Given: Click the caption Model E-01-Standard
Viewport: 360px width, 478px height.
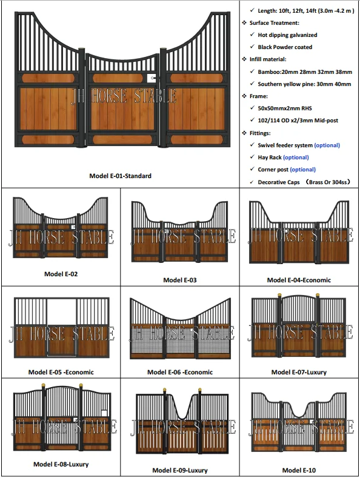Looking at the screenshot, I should (x=120, y=176).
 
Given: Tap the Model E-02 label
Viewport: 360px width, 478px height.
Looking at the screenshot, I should (x=61, y=274).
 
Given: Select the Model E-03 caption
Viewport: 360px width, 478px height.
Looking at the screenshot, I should (x=180, y=280).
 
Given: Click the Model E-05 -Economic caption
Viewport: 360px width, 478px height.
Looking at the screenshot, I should (x=61, y=372).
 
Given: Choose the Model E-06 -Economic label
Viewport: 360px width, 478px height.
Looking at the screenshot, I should (x=180, y=372).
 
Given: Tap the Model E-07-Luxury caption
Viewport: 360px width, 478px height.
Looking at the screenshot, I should (x=299, y=372).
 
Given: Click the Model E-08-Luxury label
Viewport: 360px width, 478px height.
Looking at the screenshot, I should (x=61, y=464).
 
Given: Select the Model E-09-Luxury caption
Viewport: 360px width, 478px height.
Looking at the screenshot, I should (x=180, y=470).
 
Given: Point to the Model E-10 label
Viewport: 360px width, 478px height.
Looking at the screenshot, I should (x=299, y=470).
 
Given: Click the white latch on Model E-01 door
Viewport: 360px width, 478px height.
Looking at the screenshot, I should (x=150, y=78).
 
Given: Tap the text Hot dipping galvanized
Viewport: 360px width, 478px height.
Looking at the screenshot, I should (x=287, y=35).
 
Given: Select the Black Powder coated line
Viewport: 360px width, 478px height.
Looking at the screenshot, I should (x=285, y=47).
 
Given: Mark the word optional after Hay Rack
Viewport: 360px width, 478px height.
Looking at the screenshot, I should (x=296, y=158).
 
